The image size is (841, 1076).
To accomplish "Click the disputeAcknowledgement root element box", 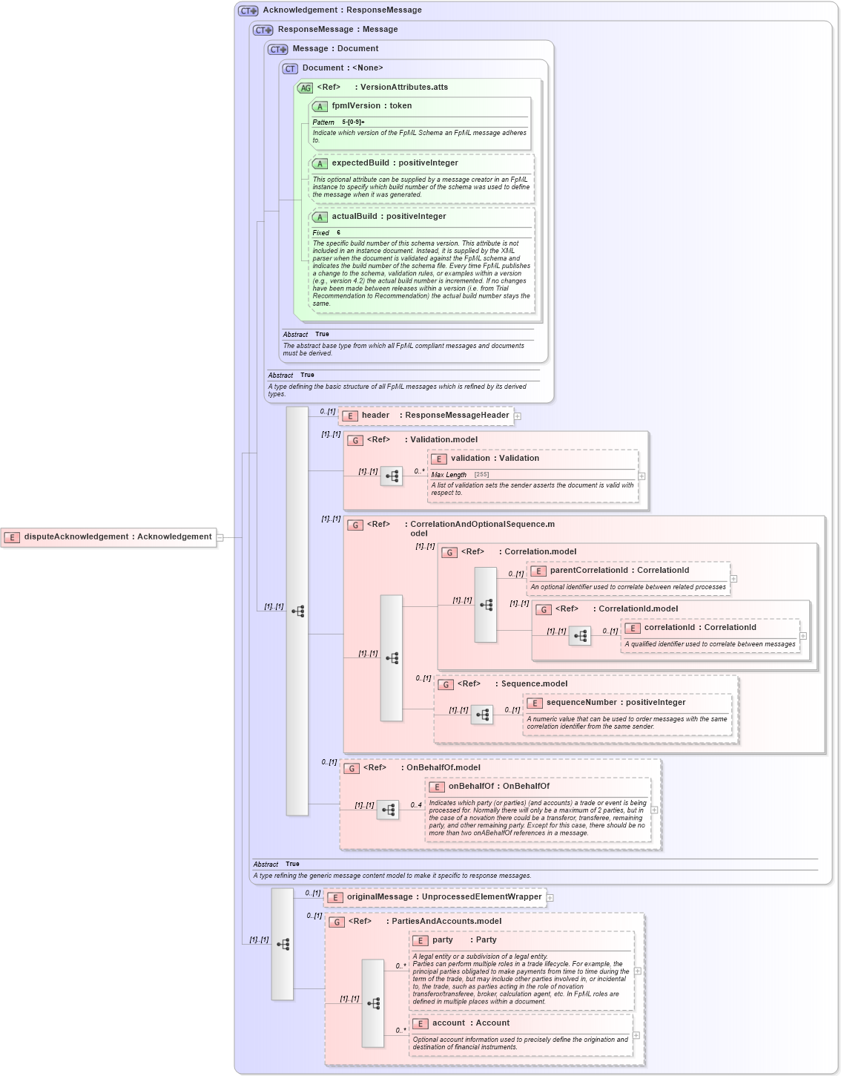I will [x=110, y=537].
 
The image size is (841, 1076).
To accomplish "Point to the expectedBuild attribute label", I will [x=394, y=163].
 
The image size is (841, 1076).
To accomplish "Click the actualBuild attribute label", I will [x=388, y=217].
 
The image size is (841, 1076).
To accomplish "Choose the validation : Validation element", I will [x=494, y=459].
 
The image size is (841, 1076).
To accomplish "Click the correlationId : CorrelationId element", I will [x=699, y=628].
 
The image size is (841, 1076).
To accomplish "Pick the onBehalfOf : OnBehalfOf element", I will [x=498, y=787].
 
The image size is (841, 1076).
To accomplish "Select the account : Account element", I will [x=470, y=1023].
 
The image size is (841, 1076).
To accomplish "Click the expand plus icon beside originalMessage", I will [x=550, y=898].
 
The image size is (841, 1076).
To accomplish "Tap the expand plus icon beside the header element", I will [x=518, y=416].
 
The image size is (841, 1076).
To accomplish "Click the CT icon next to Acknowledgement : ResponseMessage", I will [x=248, y=10].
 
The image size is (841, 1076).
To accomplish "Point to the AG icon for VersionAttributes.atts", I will [x=306, y=88].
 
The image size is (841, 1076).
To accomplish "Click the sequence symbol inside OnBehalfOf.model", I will [x=388, y=810].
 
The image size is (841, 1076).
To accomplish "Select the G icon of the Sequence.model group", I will [x=446, y=684].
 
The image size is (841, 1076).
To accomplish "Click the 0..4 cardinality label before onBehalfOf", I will [x=416, y=805].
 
